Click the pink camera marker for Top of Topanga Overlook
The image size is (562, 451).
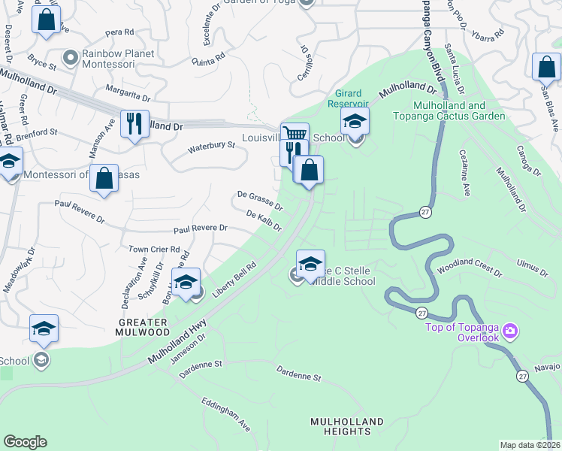[x=511, y=331]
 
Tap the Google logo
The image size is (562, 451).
[x=25, y=442]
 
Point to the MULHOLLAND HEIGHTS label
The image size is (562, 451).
[x=347, y=426]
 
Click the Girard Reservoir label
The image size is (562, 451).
[x=348, y=98]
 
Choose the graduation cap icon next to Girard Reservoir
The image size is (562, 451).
[x=355, y=120]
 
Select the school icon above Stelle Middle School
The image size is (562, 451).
[x=310, y=262]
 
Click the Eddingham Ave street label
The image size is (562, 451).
[x=225, y=414]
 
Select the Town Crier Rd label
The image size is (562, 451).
[x=154, y=249]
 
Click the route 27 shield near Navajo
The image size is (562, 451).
[x=522, y=374]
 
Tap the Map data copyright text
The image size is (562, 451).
[x=530, y=445]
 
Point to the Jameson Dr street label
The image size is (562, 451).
[x=188, y=350]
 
